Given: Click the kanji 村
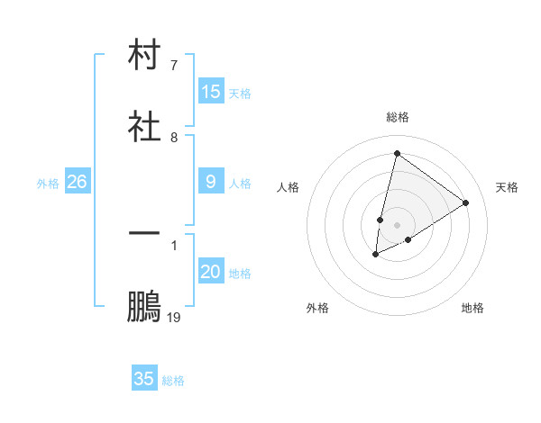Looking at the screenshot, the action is (x=144, y=56).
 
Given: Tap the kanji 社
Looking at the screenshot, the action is (x=144, y=125).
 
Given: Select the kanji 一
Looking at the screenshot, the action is (x=144, y=233).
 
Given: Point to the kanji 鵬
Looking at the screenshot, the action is (x=144, y=307).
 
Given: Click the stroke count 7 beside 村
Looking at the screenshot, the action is (x=174, y=66).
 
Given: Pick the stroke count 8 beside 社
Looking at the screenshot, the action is (x=174, y=138).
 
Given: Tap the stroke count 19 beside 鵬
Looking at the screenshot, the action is (x=174, y=318).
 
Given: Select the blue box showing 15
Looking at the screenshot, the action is (x=211, y=92).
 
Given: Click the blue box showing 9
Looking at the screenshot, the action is (x=211, y=182).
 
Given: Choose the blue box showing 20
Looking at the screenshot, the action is (x=211, y=272).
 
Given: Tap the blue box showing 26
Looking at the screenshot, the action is (x=77, y=182).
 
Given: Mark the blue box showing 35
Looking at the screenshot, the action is (x=144, y=379).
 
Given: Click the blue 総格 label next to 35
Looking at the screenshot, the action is (x=174, y=381).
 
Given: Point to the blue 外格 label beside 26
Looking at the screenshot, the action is (x=48, y=184).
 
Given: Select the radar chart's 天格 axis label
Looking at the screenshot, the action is (x=507, y=187).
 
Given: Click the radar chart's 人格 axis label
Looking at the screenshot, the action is (x=289, y=187).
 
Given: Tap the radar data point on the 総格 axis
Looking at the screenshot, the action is (x=397, y=153).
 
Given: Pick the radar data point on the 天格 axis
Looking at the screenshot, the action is (x=466, y=202).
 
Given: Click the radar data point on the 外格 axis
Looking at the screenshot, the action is (x=376, y=255).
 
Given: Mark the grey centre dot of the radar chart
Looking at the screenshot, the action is (x=397, y=224).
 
